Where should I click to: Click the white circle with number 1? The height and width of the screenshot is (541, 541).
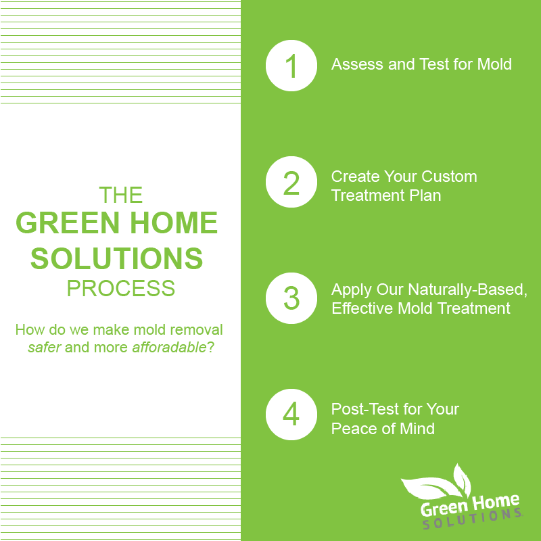click(x=291, y=66)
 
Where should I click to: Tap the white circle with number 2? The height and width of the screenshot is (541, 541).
click(x=291, y=182)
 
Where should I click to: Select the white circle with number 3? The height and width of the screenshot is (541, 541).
click(x=291, y=298)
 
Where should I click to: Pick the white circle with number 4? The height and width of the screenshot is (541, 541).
click(x=291, y=415)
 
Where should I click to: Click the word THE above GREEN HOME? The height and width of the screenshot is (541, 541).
click(x=121, y=195)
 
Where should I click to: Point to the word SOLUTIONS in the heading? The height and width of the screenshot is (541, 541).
click(x=116, y=258)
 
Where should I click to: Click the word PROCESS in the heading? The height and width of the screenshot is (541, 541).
click(x=121, y=289)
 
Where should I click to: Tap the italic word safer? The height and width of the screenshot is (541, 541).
click(x=45, y=348)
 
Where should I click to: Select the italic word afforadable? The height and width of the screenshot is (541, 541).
click(x=169, y=347)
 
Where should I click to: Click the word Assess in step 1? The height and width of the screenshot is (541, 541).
click(x=357, y=64)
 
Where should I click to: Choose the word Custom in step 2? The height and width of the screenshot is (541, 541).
click(x=449, y=177)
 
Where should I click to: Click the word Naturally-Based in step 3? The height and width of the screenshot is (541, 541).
click(x=467, y=289)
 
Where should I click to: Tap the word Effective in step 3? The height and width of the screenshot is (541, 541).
click(x=362, y=308)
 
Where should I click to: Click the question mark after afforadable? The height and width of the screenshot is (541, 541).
click(x=210, y=347)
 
